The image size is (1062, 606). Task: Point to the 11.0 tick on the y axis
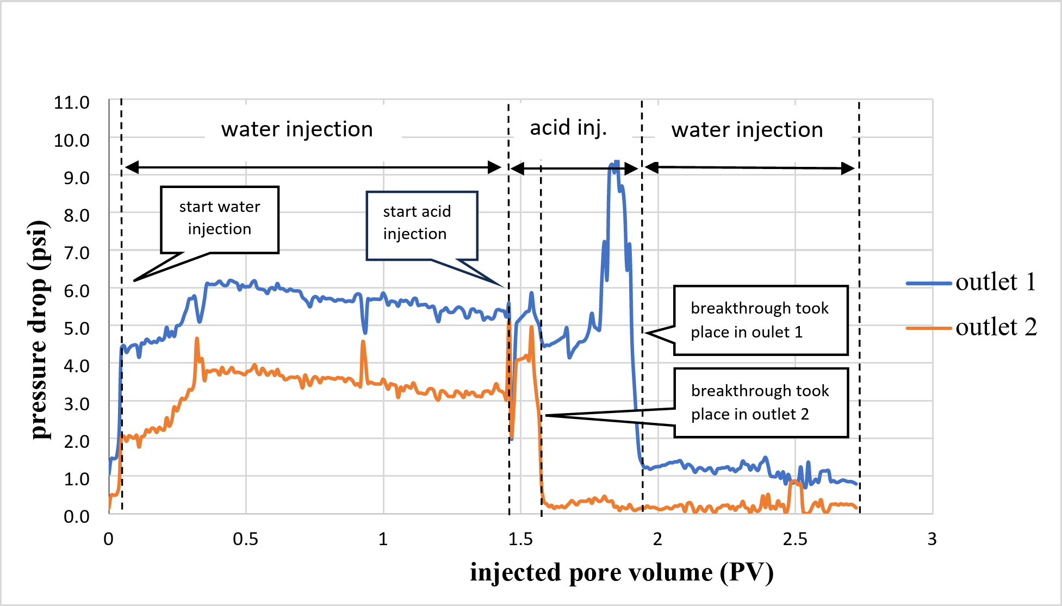pyautogui.click(x=71, y=102)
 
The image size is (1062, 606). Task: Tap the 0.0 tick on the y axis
pyautogui.click(x=76, y=516)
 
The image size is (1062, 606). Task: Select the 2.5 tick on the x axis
pyautogui.click(x=794, y=539)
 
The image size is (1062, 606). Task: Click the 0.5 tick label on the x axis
pyautogui.click(x=245, y=539)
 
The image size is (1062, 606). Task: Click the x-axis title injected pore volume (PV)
pyautogui.click(x=622, y=572)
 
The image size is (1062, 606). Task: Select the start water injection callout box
pyautogui.click(x=220, y=219)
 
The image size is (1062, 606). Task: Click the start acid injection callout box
pyautogui.click(x=421, y=225)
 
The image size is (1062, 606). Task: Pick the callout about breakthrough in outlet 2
pyautogui.click(x=760, y=403)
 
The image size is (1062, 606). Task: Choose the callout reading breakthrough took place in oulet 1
pyautogui.click(x=760, y=320)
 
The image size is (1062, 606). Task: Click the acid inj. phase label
pyautogui.click(x=568, y=128)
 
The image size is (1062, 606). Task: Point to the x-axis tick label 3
pyautogui.click(x=931, y=539)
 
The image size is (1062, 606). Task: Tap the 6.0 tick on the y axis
pyautogui.click(x=76, y=291)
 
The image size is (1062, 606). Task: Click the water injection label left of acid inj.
pyautogui.click(x=297, y=129)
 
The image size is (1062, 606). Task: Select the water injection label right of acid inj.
pyautogui.click(x=747, y=130)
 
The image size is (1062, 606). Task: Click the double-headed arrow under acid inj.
pyautogui.click(x=574, y=168)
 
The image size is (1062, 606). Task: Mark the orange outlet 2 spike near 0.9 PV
pyautogui.click(x=363, y=342)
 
